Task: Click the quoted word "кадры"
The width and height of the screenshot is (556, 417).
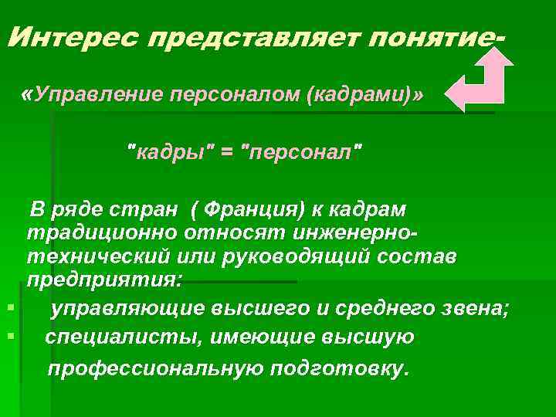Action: click(169, 151)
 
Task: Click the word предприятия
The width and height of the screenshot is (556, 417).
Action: click(105, 279)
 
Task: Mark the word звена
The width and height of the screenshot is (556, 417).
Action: click(472, 309)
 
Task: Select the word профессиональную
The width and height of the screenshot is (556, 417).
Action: click(155, 368)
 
